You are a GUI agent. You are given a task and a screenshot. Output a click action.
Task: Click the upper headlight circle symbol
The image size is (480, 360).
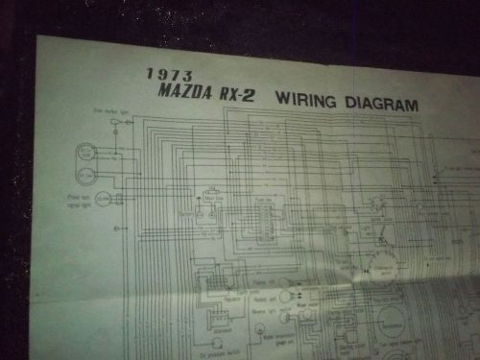[x=86, y=151]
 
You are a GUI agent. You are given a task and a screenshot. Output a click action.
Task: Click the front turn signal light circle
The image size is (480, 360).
[x=103, y=199]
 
